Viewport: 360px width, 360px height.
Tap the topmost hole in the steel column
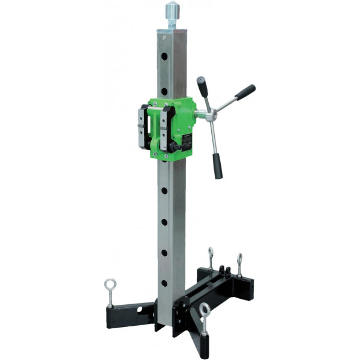(x=164, y=57)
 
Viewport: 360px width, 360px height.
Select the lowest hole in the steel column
(x=164, y=283)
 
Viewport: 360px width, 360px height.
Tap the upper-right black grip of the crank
(x=244, y=92)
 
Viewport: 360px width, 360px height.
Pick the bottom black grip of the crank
(x=217, y=166)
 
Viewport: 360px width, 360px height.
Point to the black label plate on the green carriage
(x=187, y=141)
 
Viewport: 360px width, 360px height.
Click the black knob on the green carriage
(x=175, y=147)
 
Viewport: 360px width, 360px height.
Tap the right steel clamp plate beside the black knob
(x=166, y=130)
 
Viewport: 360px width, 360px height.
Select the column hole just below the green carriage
(x=164, y=191)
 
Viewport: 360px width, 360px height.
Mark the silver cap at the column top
(x=172, y=31)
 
